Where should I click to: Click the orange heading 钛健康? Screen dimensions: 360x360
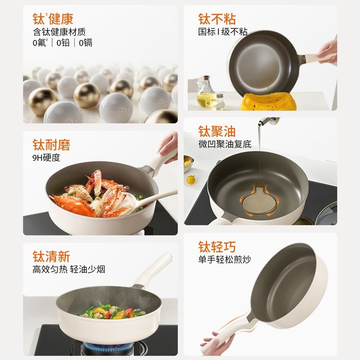[53, 19]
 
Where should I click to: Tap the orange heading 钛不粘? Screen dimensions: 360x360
[217, 19]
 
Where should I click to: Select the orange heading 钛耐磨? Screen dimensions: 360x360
[51, 145]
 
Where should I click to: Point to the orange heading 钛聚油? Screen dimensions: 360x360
[217, 132]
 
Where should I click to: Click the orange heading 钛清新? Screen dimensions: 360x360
[51, 256]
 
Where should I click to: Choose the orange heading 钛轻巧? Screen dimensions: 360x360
[217, 247]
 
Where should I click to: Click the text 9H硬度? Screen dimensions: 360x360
[46, 157]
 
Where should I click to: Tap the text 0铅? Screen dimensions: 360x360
[63, 43]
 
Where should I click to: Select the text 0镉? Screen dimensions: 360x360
[85, 43]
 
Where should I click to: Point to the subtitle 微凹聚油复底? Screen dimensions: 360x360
[225, 144]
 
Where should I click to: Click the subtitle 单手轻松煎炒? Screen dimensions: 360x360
[224, 259]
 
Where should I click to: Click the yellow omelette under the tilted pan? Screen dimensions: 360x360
[268, 101]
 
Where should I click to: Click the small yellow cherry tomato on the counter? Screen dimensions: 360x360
[191, 179]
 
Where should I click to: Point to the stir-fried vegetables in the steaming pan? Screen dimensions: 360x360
[112, 311]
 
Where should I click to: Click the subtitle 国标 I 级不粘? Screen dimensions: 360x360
[223, 31]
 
